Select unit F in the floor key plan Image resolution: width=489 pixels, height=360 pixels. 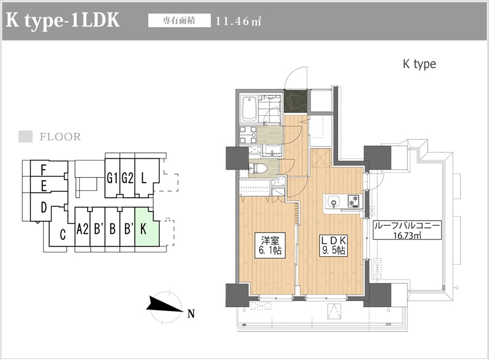coord(49,169)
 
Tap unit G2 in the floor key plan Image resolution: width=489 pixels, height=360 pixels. coord(127,178)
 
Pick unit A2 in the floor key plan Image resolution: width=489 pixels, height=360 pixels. coord(83,229)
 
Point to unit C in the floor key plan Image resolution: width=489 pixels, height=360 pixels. coord(62,233)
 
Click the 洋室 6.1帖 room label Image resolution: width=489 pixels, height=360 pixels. coord(271,245)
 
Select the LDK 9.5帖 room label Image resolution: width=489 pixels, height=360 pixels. coord(334,245)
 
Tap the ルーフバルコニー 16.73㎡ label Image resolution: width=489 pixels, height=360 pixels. coord(407,230)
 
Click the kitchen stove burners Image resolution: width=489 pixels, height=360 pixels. coord(353,201)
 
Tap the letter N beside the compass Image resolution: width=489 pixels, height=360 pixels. coord(191,313)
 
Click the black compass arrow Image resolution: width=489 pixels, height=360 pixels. coord(164,305)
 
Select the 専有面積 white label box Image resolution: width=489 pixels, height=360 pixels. coord(179,21)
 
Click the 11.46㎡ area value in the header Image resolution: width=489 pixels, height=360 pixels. coord(239,21)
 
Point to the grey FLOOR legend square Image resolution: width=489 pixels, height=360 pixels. coord(26,136)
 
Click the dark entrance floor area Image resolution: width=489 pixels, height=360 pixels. coord(296,102)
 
